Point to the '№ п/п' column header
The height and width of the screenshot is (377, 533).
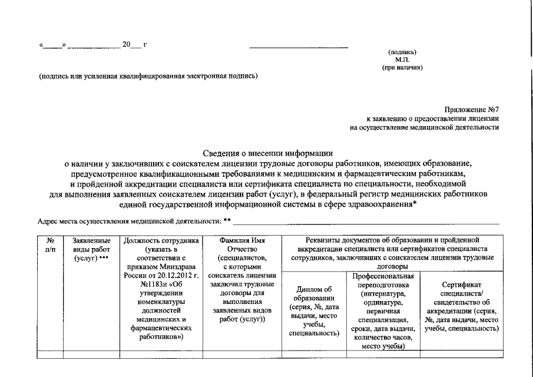coord(49,244)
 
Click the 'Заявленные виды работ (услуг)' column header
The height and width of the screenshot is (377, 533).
coord(91,249)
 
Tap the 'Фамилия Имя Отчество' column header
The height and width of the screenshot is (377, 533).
coord(241,244)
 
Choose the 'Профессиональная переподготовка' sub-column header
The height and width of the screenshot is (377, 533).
coord(383,280)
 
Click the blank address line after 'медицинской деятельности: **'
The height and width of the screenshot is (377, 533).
coord(365,223)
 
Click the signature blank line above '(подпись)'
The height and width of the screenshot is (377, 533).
coord(299,47)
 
